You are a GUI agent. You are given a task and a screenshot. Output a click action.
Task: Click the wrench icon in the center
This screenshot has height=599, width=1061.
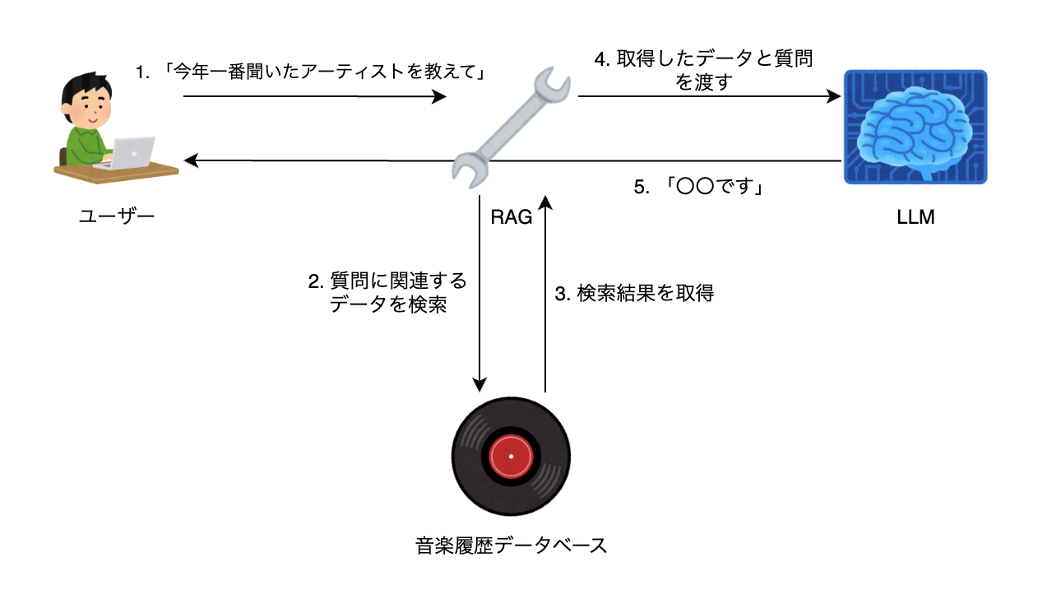coord(507,123)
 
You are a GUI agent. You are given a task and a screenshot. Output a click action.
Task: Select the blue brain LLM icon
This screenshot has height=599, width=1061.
coord(915,127)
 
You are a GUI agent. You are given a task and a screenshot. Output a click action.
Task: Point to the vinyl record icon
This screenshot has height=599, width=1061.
coord(511,457)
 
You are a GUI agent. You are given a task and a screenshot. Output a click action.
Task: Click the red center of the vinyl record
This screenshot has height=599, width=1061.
coord(511,457)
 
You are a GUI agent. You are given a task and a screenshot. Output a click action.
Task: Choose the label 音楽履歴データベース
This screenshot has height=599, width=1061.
coord(512,545)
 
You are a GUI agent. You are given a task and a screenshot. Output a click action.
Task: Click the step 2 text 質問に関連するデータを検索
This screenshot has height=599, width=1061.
coord(387,293)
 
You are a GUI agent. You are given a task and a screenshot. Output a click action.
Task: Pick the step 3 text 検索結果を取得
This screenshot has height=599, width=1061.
coord(634,293)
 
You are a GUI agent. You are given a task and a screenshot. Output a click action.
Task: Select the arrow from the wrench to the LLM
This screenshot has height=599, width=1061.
coord(708,96)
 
